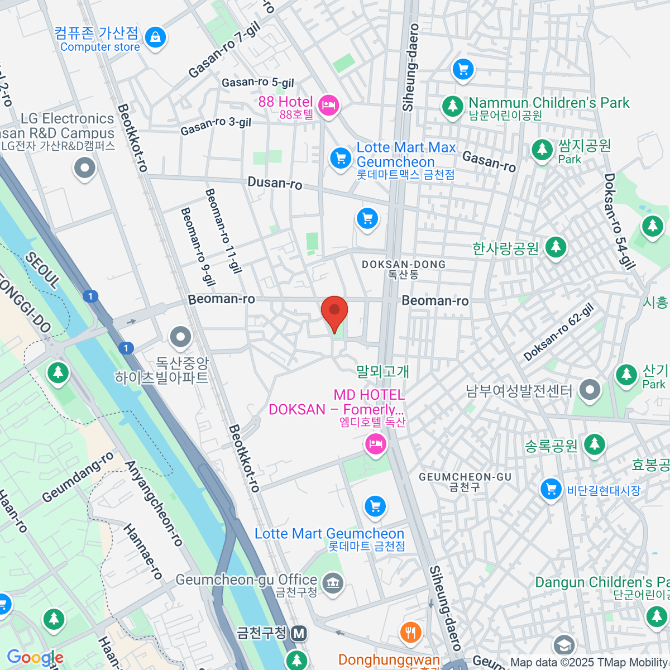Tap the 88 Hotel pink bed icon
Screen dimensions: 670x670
(328, 105)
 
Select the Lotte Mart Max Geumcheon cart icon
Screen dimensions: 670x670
(340, 158)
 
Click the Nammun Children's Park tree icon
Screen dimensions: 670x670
(452, 106)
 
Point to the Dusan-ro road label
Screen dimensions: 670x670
(275, 183)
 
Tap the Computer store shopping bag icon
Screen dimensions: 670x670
(155, 38)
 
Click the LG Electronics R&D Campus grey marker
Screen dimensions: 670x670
(85, 167)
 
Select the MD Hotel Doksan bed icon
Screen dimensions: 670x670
(376, 445)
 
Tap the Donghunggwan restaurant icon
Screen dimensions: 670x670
(411, 632)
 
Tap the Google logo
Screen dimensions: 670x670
(35, 658)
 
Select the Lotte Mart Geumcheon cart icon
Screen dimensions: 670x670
(375, 506)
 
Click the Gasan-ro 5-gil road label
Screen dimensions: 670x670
(257, 83)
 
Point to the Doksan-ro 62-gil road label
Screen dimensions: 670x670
(558, 332)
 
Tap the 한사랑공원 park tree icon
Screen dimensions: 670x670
(555, 247)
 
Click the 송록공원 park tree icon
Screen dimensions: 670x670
(594, 445)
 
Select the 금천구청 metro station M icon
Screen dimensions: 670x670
(300, 633)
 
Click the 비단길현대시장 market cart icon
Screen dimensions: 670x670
(551, 490)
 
